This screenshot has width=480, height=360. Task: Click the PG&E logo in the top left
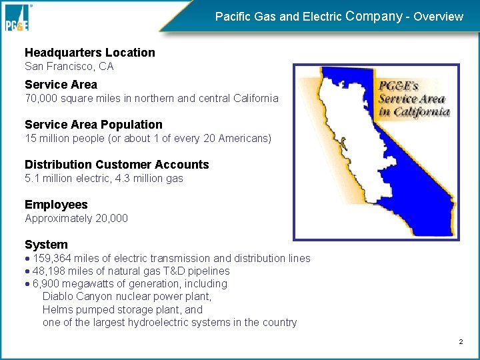click(18, 17)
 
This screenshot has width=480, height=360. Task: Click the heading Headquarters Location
click(89, 53)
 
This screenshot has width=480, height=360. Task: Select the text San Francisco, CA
click(69, 67)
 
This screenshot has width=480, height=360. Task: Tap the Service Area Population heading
click(93, 125)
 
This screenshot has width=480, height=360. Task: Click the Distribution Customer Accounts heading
click(117, 165)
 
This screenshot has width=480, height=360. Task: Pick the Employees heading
click(56, 205)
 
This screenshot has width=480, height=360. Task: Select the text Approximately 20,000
click(76, 219)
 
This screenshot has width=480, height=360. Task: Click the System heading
click(46, 245)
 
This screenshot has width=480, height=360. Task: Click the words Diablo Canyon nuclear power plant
click(127, 297)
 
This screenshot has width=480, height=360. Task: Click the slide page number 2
click(460, 342)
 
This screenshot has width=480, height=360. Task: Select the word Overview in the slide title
click(438, 17)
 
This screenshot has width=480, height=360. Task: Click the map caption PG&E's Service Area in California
click(413, 99)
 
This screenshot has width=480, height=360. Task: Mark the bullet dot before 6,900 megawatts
click(27, 284)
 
